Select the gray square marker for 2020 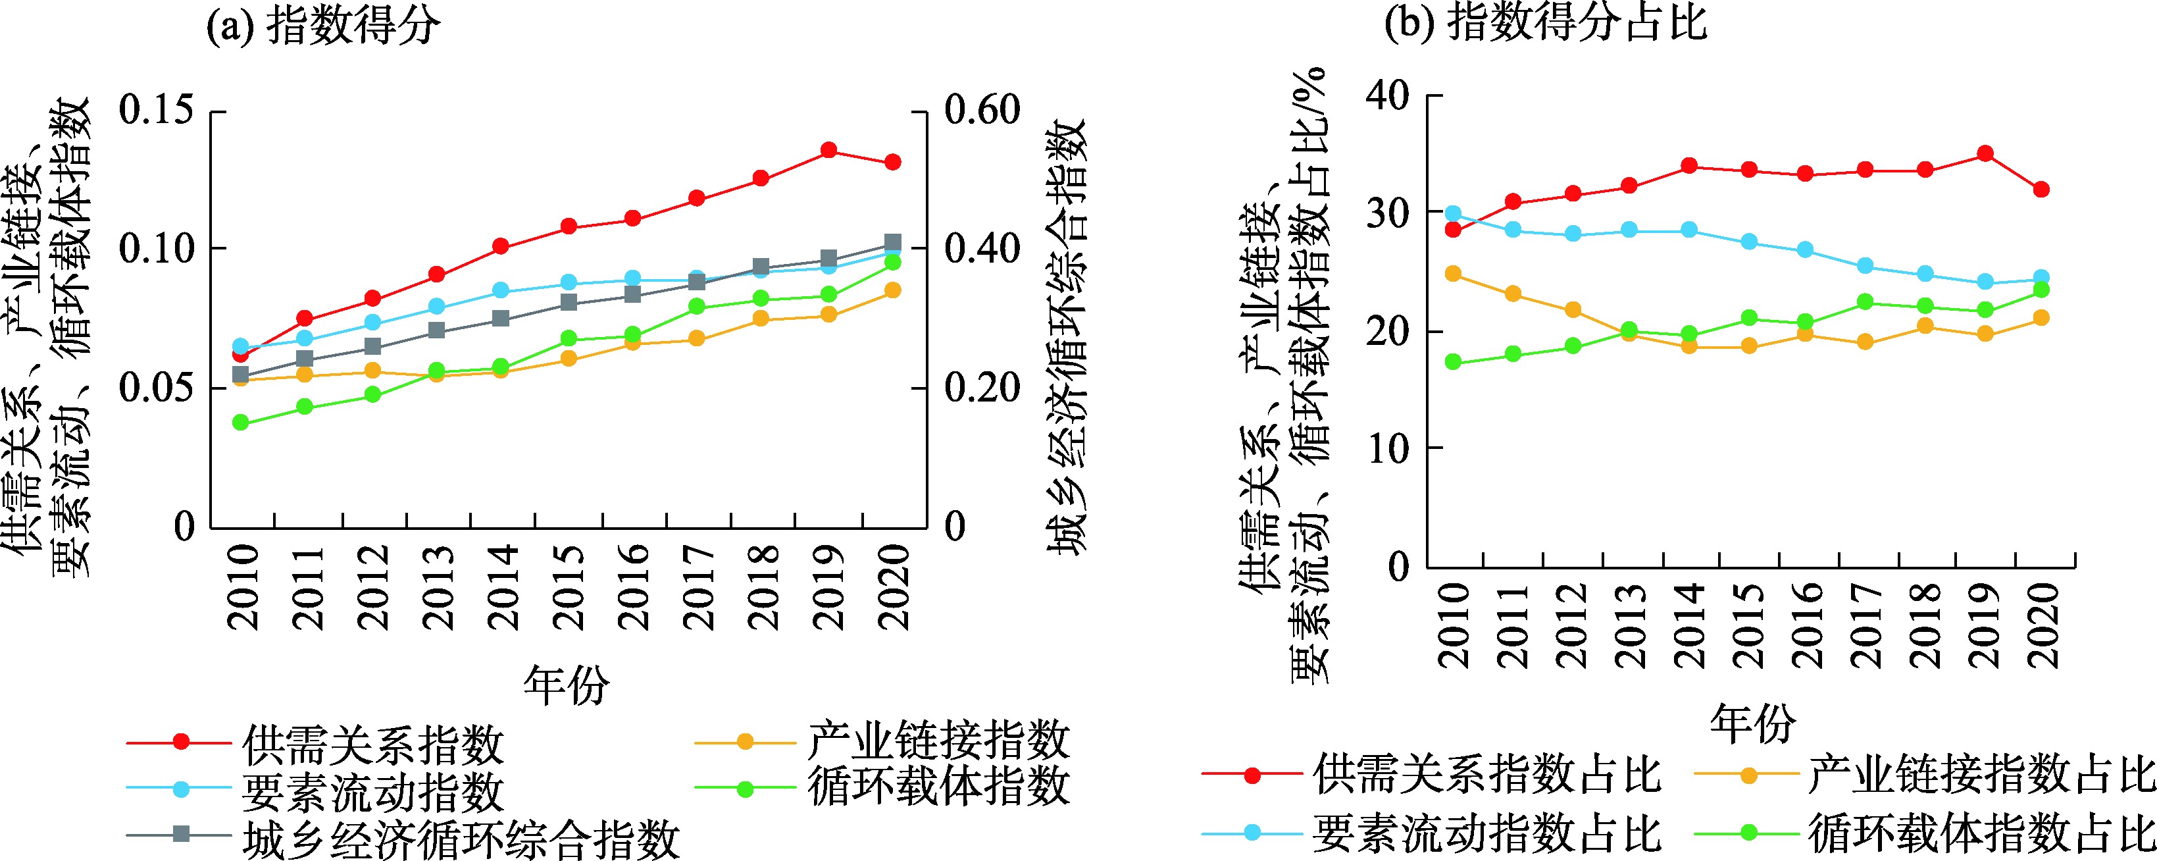pyautogui.click(x=893, y=243)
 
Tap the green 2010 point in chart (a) pyautogui.click(x=240, y=422)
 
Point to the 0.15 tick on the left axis pyautogui.click(x=157, y=110)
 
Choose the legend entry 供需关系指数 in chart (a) pyautogui.click(x=372, y=744)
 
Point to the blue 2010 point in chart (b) pyautogui.click(x=1453, y=213)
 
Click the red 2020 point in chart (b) pyautogui.click(x=2041, y=190)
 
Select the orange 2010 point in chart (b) pyautogui.click(x=1453, y=274)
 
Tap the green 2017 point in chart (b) pyautogui.click(x=1865, y=301)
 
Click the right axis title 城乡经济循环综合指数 pyautogui.click(x=1067, y=335)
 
